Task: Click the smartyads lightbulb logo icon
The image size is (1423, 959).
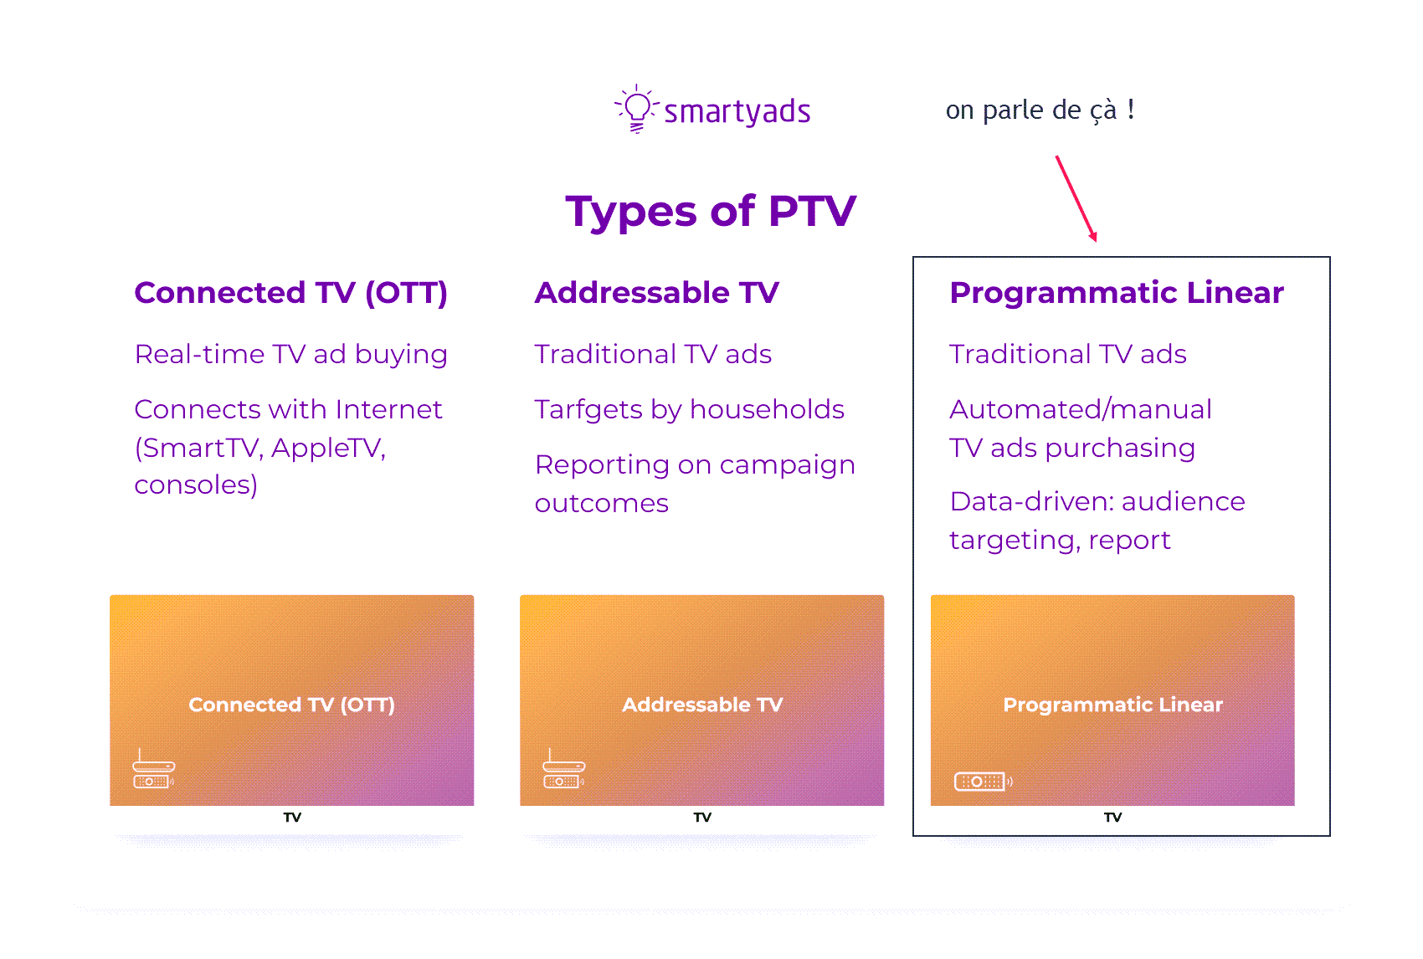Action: pos(636,109)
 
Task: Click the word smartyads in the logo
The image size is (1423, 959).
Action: pos(737,112)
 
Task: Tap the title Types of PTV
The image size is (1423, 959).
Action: pos(711,212)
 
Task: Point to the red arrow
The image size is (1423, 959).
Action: pos(1076,199)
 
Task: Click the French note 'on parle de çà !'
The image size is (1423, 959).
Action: pos(1040,110)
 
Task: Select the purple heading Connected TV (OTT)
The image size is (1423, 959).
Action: pos(291,294)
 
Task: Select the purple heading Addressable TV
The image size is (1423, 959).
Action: pos(656,293)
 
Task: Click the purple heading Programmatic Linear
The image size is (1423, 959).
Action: pos(1116,294)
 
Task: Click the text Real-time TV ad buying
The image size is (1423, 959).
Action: pos(291,354)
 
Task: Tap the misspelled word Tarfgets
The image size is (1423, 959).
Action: pos(588,410)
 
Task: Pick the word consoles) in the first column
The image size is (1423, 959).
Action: pos(196,485)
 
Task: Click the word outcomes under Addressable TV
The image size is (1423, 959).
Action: pos(601,504)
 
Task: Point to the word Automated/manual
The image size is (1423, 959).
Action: pos(1081,410)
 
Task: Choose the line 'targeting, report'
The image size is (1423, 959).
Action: pos(1060,541)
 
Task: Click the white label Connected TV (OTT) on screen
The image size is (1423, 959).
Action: pos(291,705)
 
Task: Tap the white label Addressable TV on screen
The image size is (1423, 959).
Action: pos(702,705)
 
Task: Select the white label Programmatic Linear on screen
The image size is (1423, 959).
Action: pos(1112,705)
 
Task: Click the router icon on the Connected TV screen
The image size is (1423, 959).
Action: pos(153,769)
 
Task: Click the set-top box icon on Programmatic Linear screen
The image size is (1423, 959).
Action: pos(983,782)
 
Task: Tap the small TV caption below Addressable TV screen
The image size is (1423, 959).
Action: pos(702,818)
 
